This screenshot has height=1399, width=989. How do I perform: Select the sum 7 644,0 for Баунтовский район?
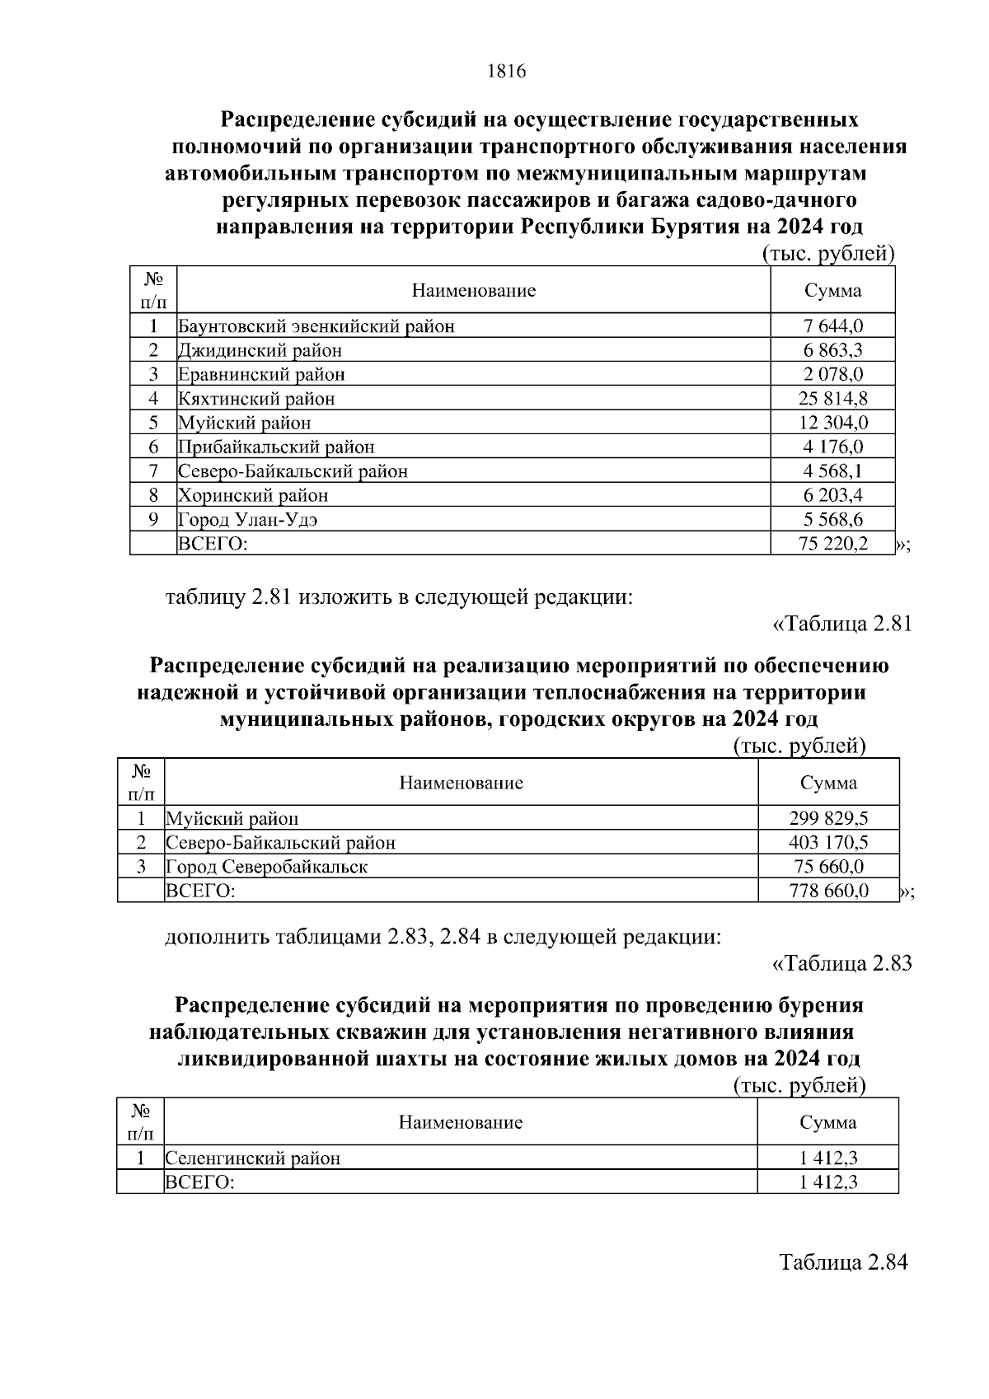pyautogui.click(x=832, y=325)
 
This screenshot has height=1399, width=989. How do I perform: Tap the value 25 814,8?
pyautogui.click(x=832, y=399)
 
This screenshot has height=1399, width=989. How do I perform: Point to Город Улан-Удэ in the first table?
pyautogui.click(x=247, y=520)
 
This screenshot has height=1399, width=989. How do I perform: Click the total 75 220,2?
pyautogui.click(x=832, y=544)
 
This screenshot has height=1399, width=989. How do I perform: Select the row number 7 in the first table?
pyautogui.click(x=153, y=471)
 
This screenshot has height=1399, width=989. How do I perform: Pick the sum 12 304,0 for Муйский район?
pyautogui.click(x=832, y=423)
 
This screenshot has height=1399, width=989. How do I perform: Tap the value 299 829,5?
pyautogui.click(x=828, y=818)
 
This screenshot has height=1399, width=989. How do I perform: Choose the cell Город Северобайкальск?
pyautogui.click(x=267, y=867)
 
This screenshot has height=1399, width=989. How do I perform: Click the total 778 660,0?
pyautogui.click(x=828, y=891)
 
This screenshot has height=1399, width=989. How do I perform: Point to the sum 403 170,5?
pyautogui.click(x=828, y=842)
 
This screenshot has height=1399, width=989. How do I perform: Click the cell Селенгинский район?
pyautogui.click(x=253, y=1158)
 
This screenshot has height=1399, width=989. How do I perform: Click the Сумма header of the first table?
pyautogui.click(x=832, y=290)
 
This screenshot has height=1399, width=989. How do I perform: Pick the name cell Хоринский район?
pyautogui.click(x=253, y=495)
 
